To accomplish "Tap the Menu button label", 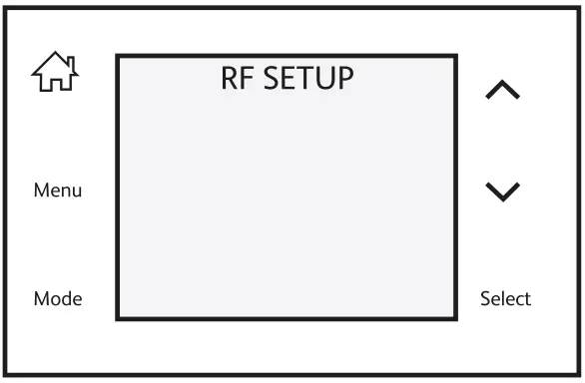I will tap(58, 191).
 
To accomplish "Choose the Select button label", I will tap(505, 298).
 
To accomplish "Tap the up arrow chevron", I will tap(502, 91).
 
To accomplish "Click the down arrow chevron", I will tap(502, 191).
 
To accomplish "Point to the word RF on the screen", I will tap(236, 78).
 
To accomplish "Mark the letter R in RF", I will tap(229, 78).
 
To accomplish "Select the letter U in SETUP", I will tap(325, 78).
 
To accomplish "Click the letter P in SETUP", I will tap(343, 78).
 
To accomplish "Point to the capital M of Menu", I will tap(41, 191).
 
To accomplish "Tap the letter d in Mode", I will tap(67, 298).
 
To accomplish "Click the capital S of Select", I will tap(485, 298).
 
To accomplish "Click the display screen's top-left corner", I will tap(118, 56).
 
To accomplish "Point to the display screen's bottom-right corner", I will tap(455, 318).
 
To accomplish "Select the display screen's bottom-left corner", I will tap(118, 318).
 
